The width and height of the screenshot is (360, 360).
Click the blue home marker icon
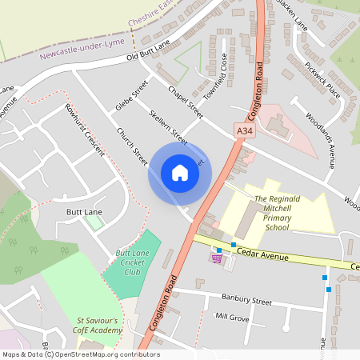179,173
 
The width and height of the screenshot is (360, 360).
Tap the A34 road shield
245,130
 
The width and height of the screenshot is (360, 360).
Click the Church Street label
132,148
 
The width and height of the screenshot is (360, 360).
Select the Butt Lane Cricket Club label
134,262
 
